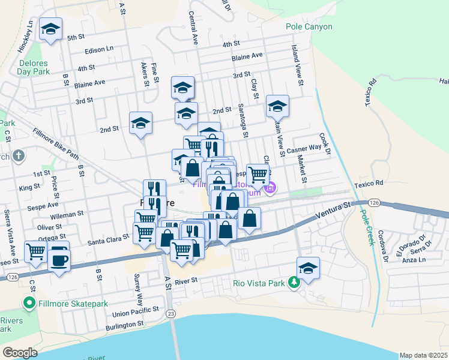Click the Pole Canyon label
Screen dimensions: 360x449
[309, 28]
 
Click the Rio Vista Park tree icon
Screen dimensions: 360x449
[294, 281]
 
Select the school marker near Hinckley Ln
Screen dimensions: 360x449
[51, 29]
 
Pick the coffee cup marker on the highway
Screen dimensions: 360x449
[59, 260]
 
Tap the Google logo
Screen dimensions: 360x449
[20, 353]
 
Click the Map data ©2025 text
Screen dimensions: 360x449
[423, 355]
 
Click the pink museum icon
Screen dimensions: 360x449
[270, 188]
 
